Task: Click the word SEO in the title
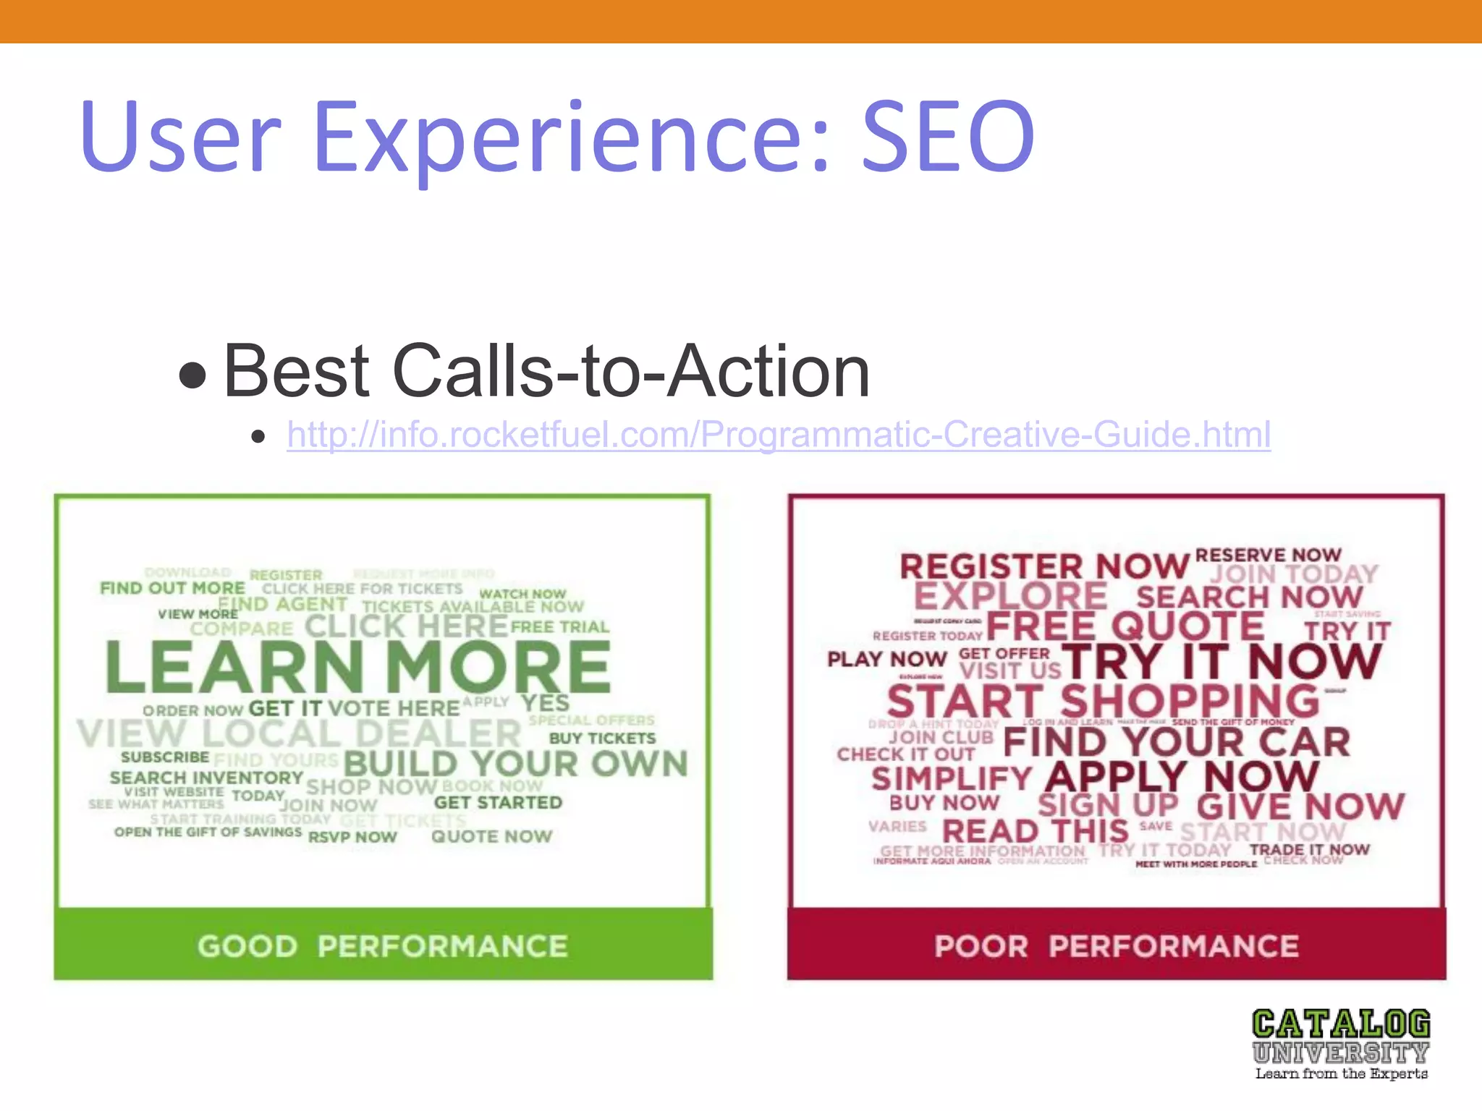(948, 137)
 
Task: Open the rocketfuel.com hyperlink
(778, 435)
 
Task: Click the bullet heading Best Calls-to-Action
(546, 372)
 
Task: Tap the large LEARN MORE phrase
(358, 668)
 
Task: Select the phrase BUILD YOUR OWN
(515, 764)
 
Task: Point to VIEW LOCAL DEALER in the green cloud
(299, 733)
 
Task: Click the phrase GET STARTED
(498, 803)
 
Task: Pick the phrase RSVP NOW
(352, 838)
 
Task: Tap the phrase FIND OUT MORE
(172, 588)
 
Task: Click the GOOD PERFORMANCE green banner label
(383, 946)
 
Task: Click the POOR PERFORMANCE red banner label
(1117, 946)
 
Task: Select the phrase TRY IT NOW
(1221, 662)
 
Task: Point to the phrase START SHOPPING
(1104, 702)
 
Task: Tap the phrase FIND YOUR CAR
(1177, 742)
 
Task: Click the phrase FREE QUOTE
(1125, 626)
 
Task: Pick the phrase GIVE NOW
(1300, 806)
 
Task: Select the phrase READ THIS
(1035, 832)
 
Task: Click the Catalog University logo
(1341, 1044)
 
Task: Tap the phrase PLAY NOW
(887, 659)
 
